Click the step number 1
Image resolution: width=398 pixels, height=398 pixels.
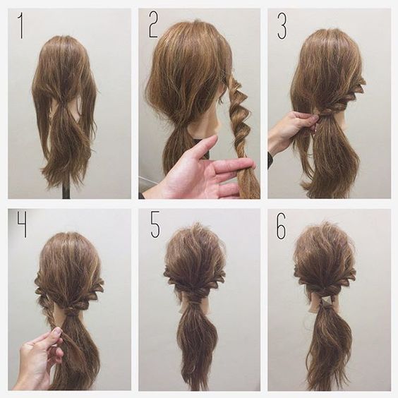pyautogui.click(x=20, y=26)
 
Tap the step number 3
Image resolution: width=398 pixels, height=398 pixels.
pyautogui.click(x=282, y=26)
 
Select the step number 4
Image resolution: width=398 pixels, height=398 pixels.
pyautogui.click(x=22, y=224)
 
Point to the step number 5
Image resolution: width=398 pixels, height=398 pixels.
pyautogui.click(x=155, y=225)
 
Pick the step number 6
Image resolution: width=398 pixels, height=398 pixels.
pyautogui.click(x=282, y=226)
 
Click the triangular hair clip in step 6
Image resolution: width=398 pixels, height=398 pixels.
pyautogui.click(x=326, y=301)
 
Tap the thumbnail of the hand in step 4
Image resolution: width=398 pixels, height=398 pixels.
pyautogui.click(x=57, y=331)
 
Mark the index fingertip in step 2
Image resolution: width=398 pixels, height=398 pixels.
pyautogui.click(x=251, y=162)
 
